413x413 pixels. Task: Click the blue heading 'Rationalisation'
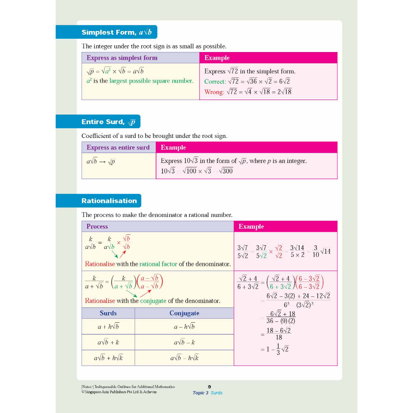[109, 201]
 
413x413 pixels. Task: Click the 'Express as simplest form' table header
[122, 58]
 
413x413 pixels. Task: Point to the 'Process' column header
[97, 227]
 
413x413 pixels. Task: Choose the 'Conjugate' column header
[184, 313]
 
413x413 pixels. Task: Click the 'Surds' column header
[108, 313]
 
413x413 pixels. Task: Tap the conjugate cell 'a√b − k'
[184, 342]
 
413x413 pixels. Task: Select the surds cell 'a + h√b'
[108, 327]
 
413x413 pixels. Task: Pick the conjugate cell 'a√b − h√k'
[184, 358]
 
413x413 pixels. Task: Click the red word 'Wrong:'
[214, 92]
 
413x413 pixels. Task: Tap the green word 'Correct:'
[215, 81]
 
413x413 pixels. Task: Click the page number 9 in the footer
[209, 387]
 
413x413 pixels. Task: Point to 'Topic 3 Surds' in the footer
[208, 393]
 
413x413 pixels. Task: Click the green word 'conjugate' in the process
[153, 301]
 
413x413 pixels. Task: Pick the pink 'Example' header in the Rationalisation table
[251, 227]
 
